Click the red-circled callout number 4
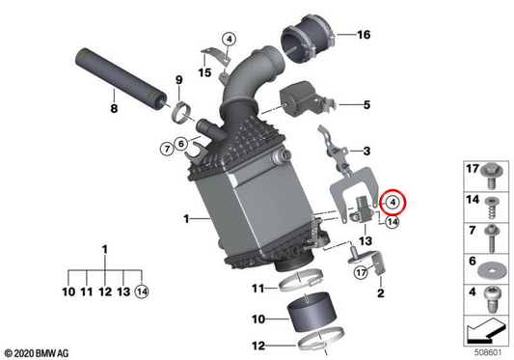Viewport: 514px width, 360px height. point(392,202)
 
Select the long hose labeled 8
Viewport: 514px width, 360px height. point(121,77)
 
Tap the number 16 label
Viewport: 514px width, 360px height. point(364,35)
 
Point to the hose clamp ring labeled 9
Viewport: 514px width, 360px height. point(182,113)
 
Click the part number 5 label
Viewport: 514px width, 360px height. point(366,105)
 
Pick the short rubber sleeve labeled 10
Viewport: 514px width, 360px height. point(311,312)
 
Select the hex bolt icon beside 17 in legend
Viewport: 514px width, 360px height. point(493,176)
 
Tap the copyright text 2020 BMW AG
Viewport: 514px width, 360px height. point(37,353)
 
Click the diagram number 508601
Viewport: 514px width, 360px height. point(488,353)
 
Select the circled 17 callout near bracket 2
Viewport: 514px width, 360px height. point(361,272)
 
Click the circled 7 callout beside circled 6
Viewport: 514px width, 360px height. point(167,150)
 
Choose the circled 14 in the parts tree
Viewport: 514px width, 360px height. point(142,291)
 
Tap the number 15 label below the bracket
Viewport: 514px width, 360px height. point(204,72)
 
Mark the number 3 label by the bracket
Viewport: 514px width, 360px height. point(366,151)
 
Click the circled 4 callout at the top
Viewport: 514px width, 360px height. point(229,40)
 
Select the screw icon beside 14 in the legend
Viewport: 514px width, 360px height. point(491,208)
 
